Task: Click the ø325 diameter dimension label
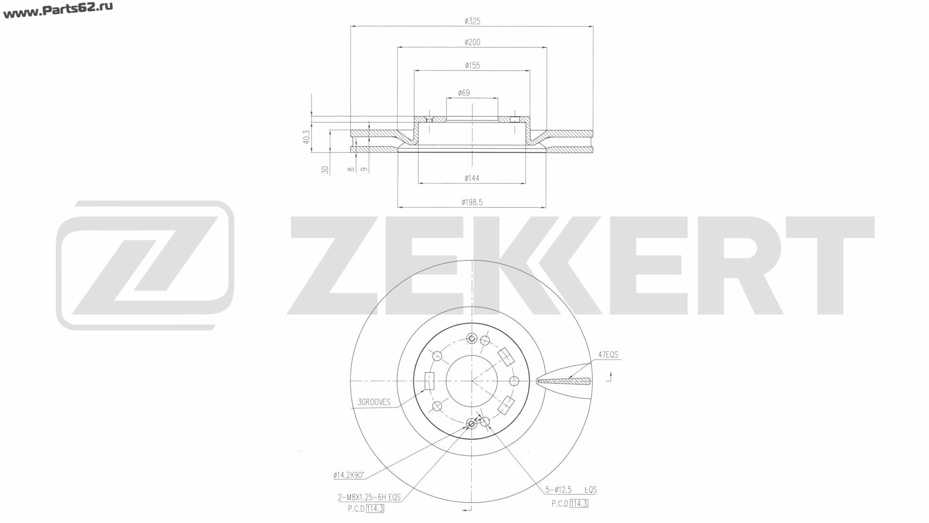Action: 472,21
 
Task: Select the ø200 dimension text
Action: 472,43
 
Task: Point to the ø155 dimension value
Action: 472,65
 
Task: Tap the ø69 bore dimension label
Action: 464,93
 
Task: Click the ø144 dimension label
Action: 472,178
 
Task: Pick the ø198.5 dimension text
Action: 472,202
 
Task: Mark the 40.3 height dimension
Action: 306,137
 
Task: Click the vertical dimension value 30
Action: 326,170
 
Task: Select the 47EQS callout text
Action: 608,355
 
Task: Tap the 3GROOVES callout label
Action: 374,402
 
